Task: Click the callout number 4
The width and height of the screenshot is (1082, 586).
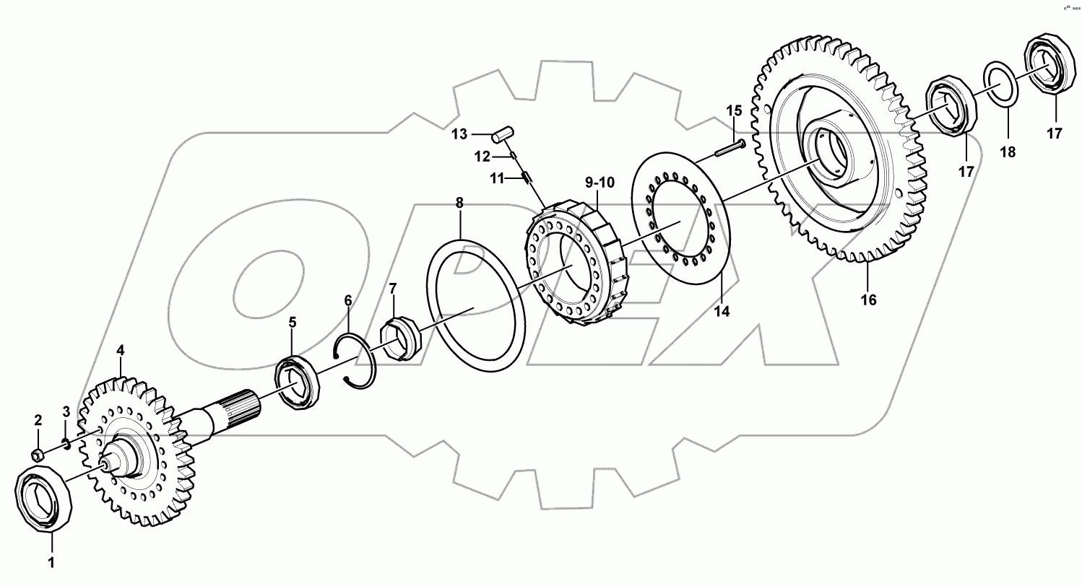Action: tap(121, 350)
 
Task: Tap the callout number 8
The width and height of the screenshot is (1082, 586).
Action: tap(459, 204)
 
